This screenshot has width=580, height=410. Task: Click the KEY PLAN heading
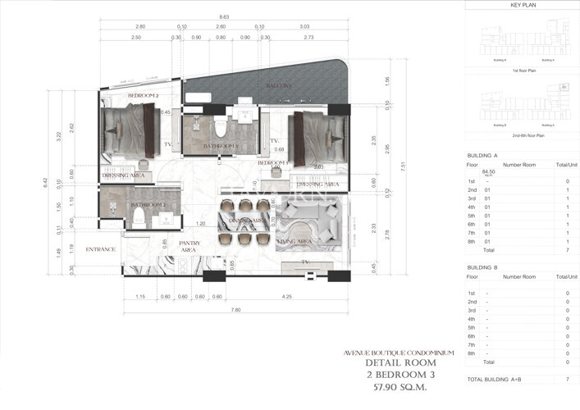coord(523,5)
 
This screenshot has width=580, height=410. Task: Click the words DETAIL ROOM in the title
coord(400,362)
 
